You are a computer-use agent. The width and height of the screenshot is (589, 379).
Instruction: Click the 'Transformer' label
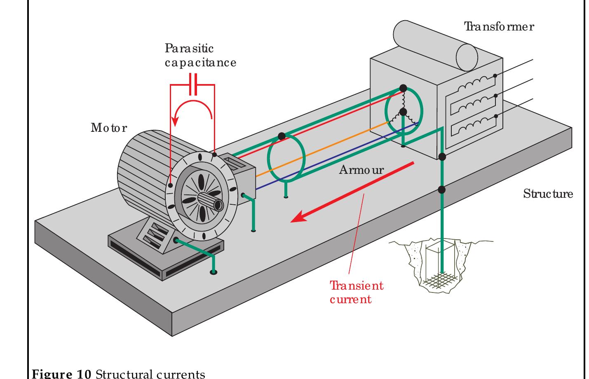pos(499,27)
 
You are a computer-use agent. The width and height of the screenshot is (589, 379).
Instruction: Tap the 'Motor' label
pos(109,128)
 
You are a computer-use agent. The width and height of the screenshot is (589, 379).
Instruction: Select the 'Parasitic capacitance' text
pos(200,56)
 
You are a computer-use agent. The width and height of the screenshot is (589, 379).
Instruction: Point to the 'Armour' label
pos(361,170)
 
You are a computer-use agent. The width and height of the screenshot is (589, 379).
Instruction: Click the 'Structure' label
pos(548,194)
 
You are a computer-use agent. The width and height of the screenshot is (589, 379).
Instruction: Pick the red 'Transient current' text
pos(356,292)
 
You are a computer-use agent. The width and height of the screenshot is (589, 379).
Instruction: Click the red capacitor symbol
pos(193,84)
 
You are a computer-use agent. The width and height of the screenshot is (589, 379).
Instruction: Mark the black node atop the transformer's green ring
pos(403,88)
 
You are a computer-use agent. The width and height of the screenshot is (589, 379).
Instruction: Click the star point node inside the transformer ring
pos(403,112)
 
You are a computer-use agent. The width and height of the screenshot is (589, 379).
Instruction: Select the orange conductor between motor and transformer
pos(321,153)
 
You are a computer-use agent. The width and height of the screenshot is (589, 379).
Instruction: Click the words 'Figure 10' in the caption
pos(62,374)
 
